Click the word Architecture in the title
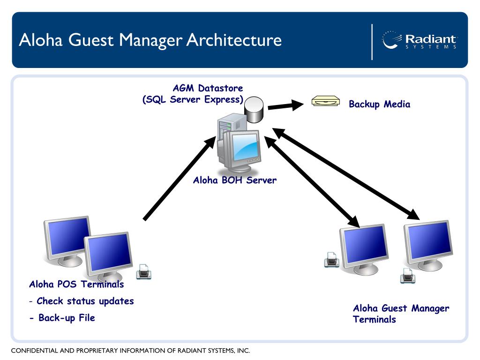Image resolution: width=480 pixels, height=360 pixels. point(234,40)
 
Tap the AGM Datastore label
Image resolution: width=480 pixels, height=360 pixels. point(208,88)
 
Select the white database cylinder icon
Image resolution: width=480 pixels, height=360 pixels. point(254,110)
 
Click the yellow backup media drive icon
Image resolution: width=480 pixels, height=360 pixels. point(326,101)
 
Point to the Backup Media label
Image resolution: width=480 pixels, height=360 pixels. point(380,104)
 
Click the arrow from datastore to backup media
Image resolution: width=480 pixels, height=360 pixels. point(285,105)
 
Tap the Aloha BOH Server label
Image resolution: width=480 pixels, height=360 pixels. point(235,180)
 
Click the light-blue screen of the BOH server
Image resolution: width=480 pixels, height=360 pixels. point(245,148)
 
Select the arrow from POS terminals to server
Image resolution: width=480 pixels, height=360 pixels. point(180,178)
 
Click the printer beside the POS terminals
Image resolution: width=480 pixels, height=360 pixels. point(143,271)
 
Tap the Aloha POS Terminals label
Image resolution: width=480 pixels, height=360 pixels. point(76,284)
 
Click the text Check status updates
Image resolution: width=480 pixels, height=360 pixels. point(85,301)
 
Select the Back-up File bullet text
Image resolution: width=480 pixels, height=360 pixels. point(67,318)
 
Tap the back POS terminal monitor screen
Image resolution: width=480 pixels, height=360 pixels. point(67,235)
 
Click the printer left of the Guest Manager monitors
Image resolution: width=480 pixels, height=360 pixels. point(331,260)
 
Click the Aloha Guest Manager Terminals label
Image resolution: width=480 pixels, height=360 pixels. point(401,314)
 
